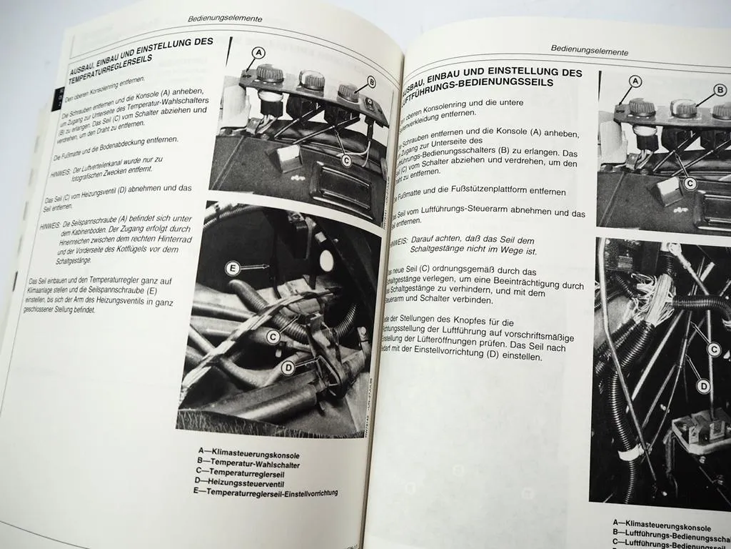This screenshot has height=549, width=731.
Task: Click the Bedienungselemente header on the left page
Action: point(223,19)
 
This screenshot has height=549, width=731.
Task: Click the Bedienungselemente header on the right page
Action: point(590,51)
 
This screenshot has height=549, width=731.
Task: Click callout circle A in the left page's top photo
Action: point(258,52)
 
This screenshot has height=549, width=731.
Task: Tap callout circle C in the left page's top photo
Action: point(346,161)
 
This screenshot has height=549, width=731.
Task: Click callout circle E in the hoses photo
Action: point(231,269)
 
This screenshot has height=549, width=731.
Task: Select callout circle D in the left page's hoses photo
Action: point(288,368)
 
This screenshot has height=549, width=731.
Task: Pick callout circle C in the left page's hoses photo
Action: point(273,335)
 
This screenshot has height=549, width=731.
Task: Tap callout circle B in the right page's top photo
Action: point(720,90)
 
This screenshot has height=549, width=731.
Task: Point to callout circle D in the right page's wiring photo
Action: point(703,386)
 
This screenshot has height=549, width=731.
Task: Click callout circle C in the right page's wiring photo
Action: point(713,350)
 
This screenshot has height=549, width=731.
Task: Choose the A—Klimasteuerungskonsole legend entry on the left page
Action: point(248,455)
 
